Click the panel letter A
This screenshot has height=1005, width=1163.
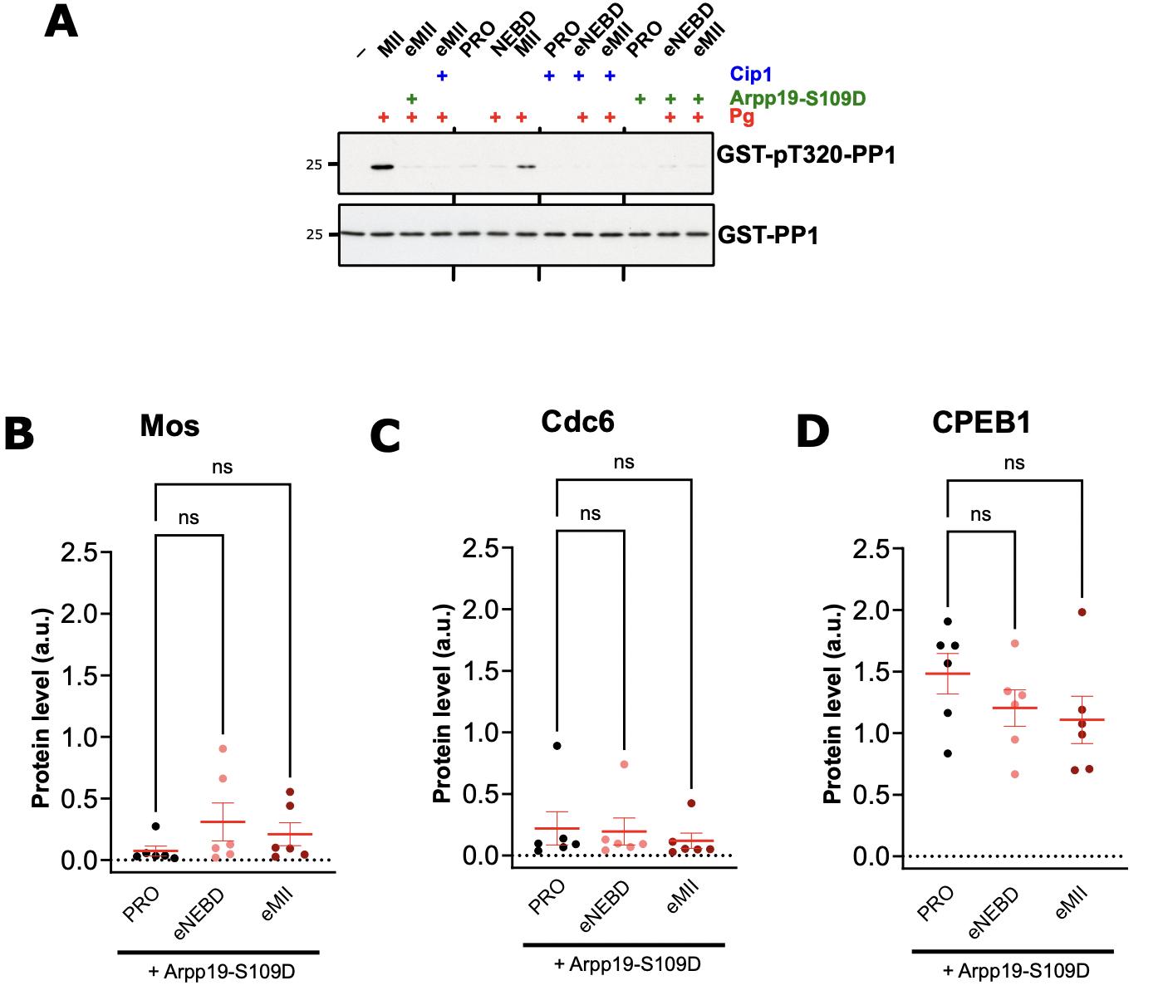click(61, 22)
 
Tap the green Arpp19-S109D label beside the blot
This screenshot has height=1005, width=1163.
click(797, 98)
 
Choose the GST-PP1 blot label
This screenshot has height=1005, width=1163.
click(768, 235)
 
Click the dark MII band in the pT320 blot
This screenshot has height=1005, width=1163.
click(383, 167)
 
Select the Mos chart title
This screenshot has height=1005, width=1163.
click(169, 426)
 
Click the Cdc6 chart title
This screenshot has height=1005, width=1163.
click(577, 422)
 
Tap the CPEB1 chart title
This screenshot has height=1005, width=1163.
click(981, 423)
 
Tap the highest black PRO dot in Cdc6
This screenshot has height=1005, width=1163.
click(557, 745)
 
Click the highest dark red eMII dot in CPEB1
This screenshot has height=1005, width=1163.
click(1082, 612)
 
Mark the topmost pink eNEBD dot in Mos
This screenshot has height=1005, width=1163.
click(223, 748)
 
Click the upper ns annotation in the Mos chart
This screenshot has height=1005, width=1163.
click(222, 467)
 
